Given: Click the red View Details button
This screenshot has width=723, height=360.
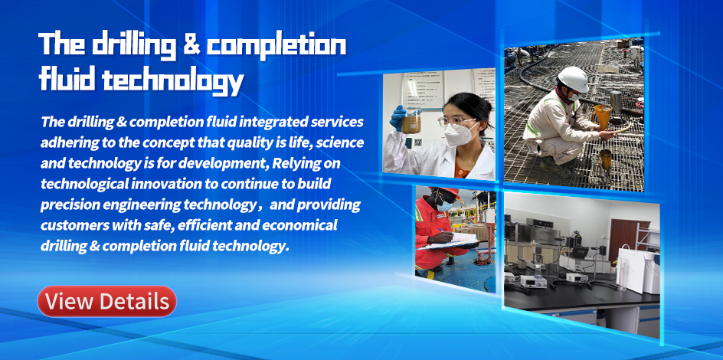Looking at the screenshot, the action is [106, 302].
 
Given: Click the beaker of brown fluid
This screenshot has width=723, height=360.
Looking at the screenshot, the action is [411, 121].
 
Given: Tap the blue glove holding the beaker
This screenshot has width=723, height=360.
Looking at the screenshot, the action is [397, 118].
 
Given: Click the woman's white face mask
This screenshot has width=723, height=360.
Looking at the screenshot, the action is [456, 134].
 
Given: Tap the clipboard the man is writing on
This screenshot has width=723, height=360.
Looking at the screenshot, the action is [447, 241].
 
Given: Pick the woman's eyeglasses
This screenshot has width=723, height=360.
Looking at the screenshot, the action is [456, 121].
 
